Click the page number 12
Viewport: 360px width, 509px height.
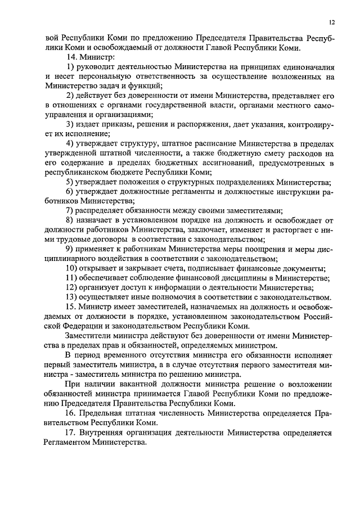point(332,22)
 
